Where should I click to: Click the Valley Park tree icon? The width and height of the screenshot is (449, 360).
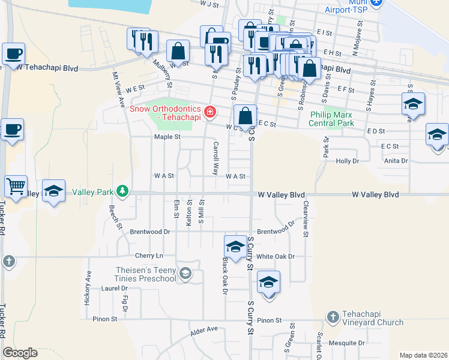click(x=122, y=191)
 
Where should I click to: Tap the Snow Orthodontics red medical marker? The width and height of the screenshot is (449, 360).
click(x=209, y=111)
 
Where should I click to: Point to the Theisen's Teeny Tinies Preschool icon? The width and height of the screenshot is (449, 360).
click(x=186, y=274)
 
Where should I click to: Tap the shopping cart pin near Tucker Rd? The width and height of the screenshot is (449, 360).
click(x=15, y=185)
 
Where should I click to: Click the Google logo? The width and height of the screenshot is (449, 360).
click(x=20, y=352)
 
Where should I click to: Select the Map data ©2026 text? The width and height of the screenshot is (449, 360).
click(x=423, y=355)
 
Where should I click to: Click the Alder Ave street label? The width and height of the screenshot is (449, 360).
click(x=203, y=330)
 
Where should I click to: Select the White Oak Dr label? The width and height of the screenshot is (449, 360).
click(x=276, y=256)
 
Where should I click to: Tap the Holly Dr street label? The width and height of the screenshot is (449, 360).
click(x=347, y=161)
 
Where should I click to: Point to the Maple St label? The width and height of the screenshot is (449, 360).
click(x=167, y=137)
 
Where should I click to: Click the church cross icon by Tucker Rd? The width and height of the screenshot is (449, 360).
click(x=8, y=261)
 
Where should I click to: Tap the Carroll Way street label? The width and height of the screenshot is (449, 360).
click(x=215, y=158)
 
